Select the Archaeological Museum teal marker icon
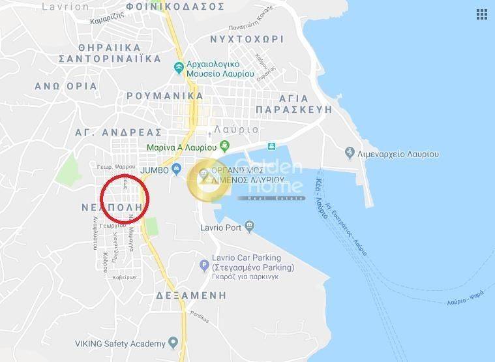coord(179,68)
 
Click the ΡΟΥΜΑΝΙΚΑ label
coord(165,96)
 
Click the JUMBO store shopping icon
coord(177,170)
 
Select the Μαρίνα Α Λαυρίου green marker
coord(224,145)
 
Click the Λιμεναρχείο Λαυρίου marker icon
coord(350,153)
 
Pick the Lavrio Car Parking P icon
coord(204,265)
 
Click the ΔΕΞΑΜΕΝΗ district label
coord(192,295)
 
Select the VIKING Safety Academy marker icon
coord(173,342)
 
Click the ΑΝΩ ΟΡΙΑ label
coord(66,86)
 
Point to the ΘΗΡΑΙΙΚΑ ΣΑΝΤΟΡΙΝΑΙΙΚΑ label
coord(110,53)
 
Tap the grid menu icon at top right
coord(482,14)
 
